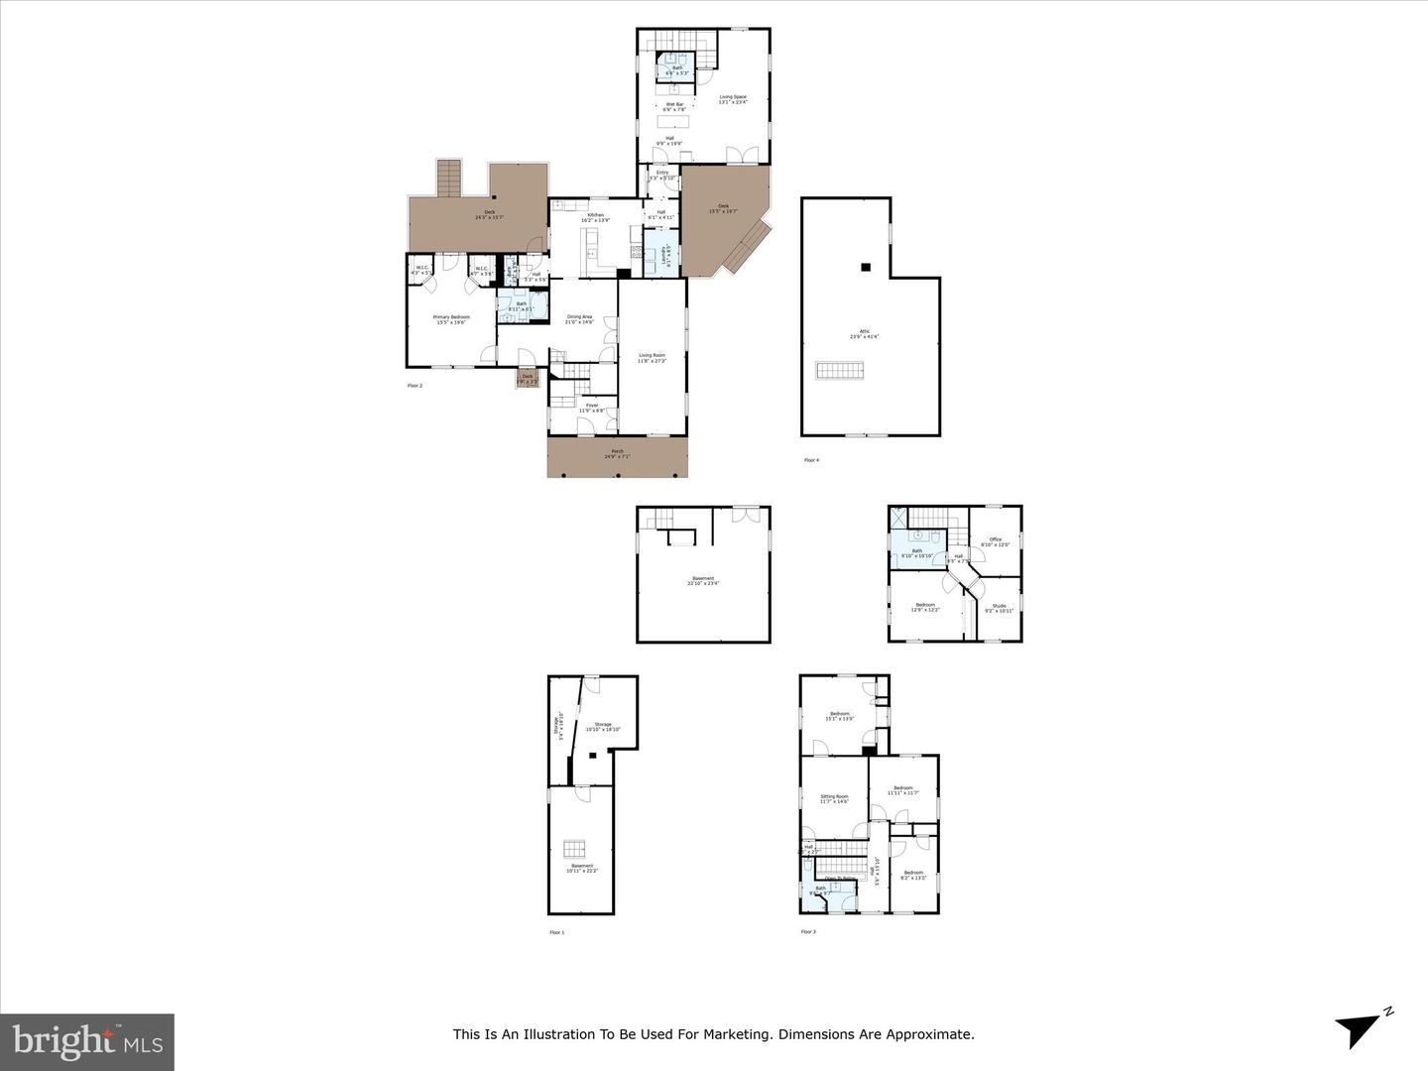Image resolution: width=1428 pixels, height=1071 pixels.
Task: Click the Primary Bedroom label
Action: (451, 317)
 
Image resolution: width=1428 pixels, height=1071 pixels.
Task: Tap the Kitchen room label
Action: (595, 215)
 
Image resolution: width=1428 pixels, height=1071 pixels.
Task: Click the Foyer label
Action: (592, 406)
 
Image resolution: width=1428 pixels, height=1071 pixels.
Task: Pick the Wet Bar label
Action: (674, 104)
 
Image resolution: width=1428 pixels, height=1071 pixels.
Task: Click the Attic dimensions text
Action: (864, 337)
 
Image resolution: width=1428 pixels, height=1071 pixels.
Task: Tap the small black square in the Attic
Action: (865, 266)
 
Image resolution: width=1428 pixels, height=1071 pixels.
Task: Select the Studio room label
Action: (999, 606)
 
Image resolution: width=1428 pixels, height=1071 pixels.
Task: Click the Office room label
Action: (995, 539)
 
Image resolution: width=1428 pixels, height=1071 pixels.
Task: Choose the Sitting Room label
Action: (834, 796)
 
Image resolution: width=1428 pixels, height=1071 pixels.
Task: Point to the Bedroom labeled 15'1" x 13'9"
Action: (839, 714)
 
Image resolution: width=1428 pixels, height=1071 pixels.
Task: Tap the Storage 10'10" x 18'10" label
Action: (602, 725)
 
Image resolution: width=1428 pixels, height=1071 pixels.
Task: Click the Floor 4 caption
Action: (810, 460)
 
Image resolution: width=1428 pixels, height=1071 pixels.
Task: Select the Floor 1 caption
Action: (556, 932)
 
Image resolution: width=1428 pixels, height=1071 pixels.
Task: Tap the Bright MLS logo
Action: (87, 1041)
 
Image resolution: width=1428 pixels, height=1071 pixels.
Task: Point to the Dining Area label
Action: (579, 317)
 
